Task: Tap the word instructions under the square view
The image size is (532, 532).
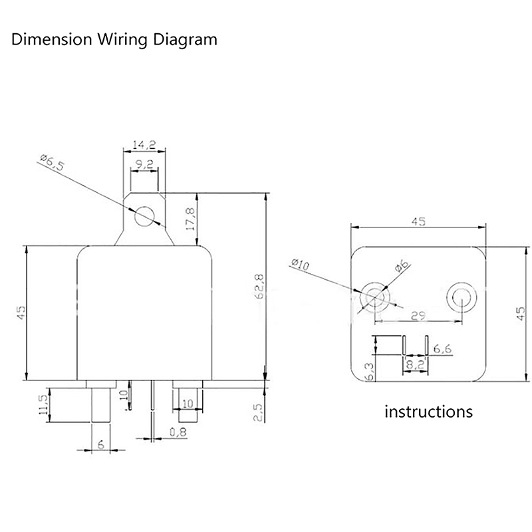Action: click(x=429, y=411)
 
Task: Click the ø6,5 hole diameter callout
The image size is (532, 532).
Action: click(x=51, y=162)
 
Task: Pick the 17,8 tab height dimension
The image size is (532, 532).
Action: click(x=191, y=218)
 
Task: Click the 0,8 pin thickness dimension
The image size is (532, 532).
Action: click(x=178, y=432)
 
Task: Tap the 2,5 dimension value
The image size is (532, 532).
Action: click(x=259, y=412)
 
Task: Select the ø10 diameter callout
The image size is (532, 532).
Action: click(x=301, y=265)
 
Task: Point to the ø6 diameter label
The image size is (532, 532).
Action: click(x=401, y=265)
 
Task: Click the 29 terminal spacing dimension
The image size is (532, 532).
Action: click(x=418, y=317)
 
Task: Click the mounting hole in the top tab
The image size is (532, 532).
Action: click(x=144, y=217)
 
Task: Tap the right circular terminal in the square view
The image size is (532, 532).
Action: click(x=460, y=297)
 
